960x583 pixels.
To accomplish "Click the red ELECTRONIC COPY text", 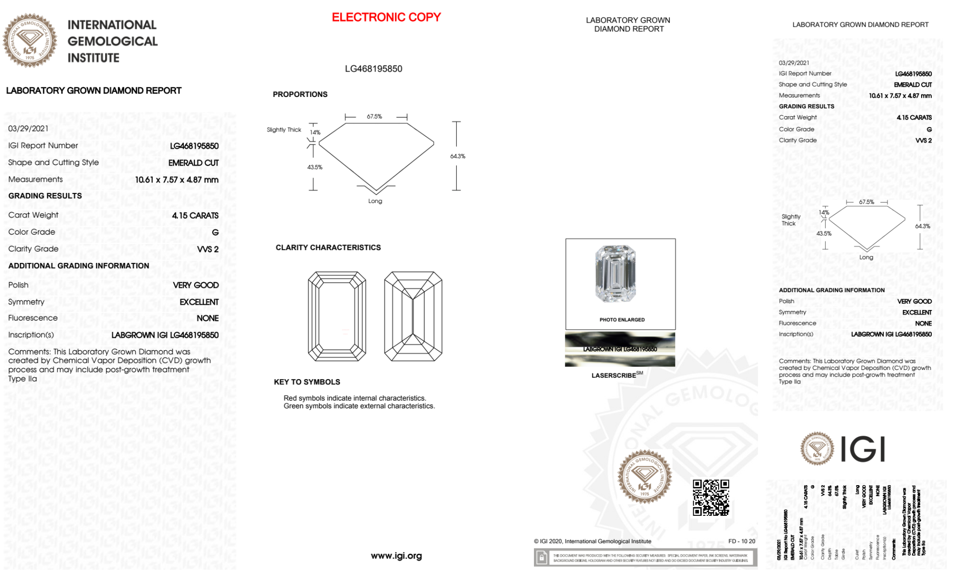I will pyautogui.click(x=386, y=17).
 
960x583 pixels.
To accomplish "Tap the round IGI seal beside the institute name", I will pyautogui.click(x=30, y=40).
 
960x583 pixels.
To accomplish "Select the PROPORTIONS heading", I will pyautogui.click(x=300, y=95).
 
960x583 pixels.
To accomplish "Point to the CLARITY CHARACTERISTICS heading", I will pyautogui.click(x=328, y=248).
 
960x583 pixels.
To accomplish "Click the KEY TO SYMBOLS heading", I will pyautogui.click(x=307, y=382).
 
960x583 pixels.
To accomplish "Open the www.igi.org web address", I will pyautogui.click(x=396, y=556).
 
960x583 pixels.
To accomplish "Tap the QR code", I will pyautogui.click(x=711, y=497).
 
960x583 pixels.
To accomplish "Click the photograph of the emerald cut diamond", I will pyautogui.click(x=616, y=274).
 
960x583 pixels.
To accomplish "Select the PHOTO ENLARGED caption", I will pyautogui.click(x=622, y=320).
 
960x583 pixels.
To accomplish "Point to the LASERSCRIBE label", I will pyautogui.click(x=614, y=375).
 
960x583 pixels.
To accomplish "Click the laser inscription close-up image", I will pyautogui.click(x=620, y=349).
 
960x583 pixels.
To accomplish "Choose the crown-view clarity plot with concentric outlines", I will pyautogui.click(x=337, y=316).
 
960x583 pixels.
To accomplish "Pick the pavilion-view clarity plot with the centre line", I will pyautogui.click(x=413, y=316).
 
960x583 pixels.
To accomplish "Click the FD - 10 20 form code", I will pyautogui.click(x=741, y=541).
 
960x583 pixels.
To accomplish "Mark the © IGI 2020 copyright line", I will pyautogui.click(x=593, y=541).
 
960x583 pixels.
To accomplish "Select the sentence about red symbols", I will pyautogui.click(x=355, y=398).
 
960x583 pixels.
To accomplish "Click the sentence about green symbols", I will pyautogui.click(x=359, y=406).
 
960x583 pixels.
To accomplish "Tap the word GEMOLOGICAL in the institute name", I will pyautogui.click(x=113, y=41).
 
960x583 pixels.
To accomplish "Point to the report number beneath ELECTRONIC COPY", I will pyautogui.click(x=373, y=69).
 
